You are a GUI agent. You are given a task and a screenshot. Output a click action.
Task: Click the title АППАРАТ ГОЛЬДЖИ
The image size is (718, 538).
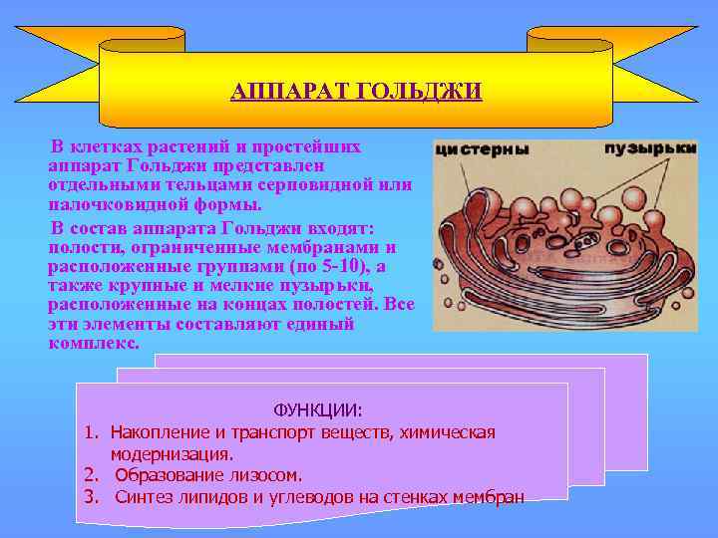click(356, 93)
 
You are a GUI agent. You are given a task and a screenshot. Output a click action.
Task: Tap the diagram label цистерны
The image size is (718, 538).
click(480, 150)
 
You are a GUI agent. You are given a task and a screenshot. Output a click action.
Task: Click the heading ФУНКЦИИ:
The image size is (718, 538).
click(319, 409)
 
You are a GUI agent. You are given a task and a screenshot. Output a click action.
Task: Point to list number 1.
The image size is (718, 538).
click(90, 432)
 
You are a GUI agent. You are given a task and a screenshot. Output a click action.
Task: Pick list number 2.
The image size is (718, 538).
click(90, 475)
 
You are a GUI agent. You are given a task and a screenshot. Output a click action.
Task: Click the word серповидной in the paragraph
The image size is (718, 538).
click(322, 184)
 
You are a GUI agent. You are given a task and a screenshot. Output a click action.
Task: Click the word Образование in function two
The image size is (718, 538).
click(163, 475)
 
